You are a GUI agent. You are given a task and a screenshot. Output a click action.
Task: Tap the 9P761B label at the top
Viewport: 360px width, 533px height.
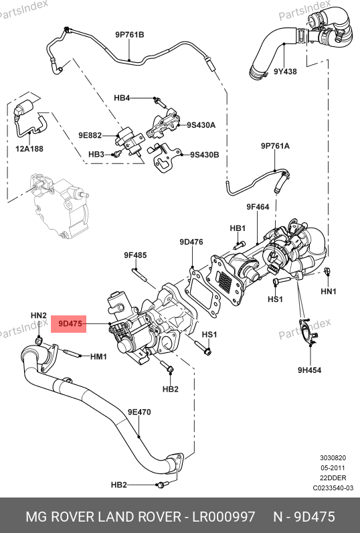[129, 34]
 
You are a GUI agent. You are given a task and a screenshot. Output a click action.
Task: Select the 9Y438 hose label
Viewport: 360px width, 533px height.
[285, 72]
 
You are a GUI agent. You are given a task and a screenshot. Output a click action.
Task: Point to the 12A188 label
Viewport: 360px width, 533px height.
[29, 149]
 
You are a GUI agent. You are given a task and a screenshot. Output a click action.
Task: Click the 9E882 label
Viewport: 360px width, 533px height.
[90, 135]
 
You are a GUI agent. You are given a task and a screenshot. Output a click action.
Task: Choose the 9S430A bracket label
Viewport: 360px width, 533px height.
[201, 125]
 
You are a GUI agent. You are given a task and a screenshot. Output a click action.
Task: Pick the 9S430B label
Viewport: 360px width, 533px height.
[205, 155]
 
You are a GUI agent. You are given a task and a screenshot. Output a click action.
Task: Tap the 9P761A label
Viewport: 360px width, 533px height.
[276, 146]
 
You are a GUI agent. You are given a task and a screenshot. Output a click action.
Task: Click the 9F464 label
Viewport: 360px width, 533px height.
[258, 207]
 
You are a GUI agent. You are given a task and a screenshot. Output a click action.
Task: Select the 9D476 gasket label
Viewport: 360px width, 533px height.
[191, 242]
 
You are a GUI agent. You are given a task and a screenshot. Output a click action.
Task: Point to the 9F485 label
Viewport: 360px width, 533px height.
[135, 254]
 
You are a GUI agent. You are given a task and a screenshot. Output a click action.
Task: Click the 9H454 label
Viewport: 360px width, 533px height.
[309, 370]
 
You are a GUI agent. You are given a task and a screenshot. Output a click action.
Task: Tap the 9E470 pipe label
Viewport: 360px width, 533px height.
[139, 412]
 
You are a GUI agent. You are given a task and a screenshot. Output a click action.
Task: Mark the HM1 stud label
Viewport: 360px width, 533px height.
[98, 357]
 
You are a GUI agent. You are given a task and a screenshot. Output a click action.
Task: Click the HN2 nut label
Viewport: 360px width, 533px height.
[39, 315]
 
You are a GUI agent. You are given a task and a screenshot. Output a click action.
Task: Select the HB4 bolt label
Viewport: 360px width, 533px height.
[122, 98]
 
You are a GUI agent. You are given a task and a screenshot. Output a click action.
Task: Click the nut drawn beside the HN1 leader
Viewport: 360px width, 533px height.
[327, 271]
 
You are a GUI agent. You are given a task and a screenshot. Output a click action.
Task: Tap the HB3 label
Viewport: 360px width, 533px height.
[96, 154]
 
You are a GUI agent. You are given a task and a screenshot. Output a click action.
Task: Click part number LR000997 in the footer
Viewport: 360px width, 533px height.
[223, 517]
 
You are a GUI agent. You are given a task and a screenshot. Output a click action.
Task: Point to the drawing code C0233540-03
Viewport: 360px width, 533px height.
[333, 488]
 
